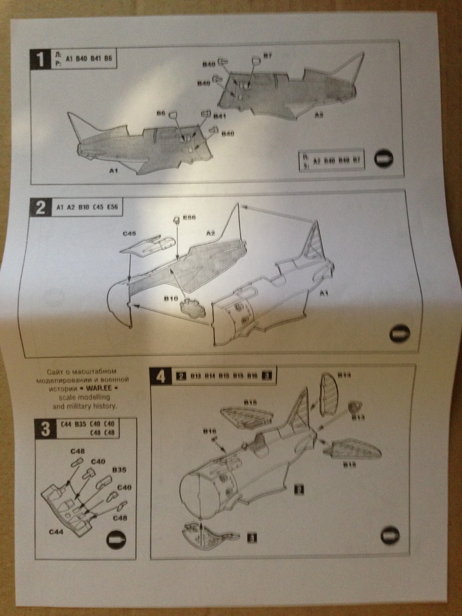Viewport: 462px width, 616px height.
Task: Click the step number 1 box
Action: [x=40, y=59]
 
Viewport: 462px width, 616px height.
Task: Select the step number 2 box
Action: [x=40, y=208]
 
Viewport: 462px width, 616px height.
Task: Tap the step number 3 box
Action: [x=45, y=429]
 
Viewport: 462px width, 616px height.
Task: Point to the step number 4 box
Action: [x=160, y=376]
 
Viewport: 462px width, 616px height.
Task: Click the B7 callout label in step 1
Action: [x=267, y=55]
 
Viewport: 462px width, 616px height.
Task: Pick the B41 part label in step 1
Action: [x=219, y=115]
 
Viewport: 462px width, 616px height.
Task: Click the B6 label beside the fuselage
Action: [x=161, y=112]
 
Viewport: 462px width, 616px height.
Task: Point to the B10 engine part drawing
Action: [x=192, y=309]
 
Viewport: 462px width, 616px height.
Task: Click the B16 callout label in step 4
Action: [x=209, y=431]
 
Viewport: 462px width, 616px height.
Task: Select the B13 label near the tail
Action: [x=358, y=416]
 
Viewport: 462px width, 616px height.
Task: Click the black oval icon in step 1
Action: [x=383, y=158]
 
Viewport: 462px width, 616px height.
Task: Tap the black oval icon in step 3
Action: [x=116, y=540]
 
